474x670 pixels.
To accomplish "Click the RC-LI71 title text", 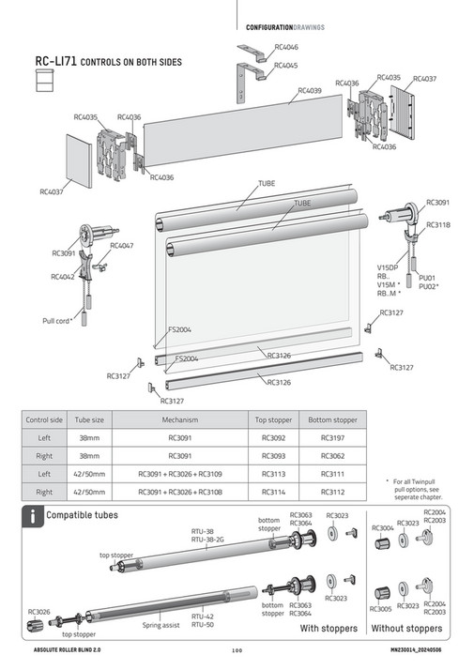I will click(x=54, y=62).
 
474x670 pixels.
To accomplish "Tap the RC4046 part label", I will click(x=286, y=46).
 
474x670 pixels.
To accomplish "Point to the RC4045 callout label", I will click(x=286, y=66).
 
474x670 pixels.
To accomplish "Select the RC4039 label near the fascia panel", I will click(x=309, y=91).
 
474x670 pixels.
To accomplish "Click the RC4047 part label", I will click(x=122, y=245).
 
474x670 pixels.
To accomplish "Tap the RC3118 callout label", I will click(x=438, y=225).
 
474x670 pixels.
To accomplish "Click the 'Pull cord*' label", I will click(x=57, y=320).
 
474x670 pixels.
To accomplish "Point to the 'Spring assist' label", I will click(x=161, y=624).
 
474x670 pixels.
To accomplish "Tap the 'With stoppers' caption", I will click(x=328, y=628).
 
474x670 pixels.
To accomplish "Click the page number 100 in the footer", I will click(x=237, y=650).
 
